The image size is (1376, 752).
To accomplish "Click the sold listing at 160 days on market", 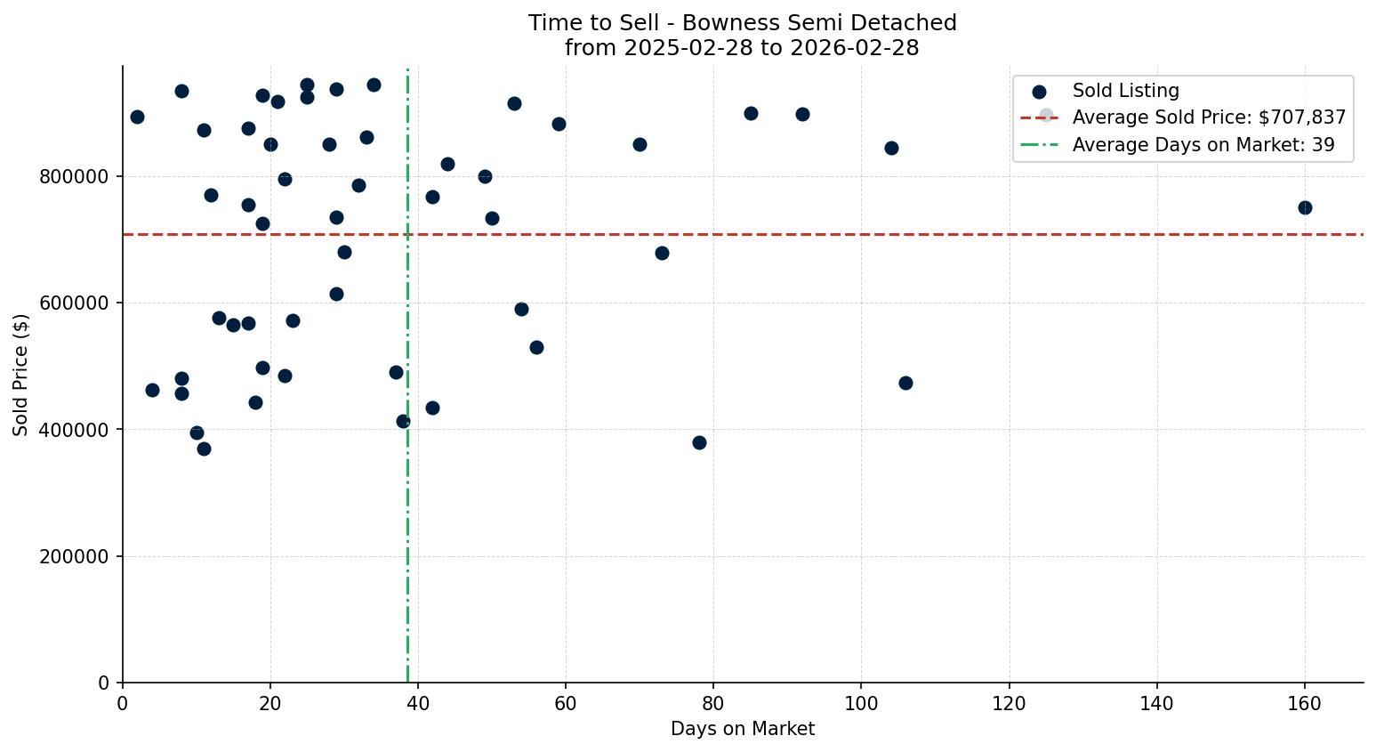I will [1305, 207].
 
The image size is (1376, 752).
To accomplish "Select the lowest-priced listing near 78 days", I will [699, 442].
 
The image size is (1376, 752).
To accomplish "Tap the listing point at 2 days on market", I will [137, 117].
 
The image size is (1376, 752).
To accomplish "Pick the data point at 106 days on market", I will [905, 383].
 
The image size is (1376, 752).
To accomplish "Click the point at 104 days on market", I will [891, 148].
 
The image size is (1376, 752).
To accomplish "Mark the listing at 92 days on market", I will [802, 114].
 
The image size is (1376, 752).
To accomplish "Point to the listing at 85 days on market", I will [751, 113].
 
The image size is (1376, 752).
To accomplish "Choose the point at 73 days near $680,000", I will [662, 253].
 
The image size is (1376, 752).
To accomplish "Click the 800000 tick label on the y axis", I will [75, 177].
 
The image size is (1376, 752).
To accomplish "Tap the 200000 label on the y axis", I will [75, 557].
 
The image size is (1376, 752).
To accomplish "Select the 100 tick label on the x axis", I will [861, 705].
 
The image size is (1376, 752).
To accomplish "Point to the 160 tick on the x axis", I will [1305, 705].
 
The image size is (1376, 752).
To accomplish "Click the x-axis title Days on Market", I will [743, 729].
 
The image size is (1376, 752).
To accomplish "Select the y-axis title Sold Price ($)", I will [21, 375].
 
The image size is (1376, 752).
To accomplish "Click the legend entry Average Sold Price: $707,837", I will [1209, 117].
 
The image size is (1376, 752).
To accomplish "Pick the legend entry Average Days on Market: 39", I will [1203, 145].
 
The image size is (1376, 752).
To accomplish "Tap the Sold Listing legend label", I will [1125, 91].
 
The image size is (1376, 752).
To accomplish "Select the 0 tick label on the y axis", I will [105, 683].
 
